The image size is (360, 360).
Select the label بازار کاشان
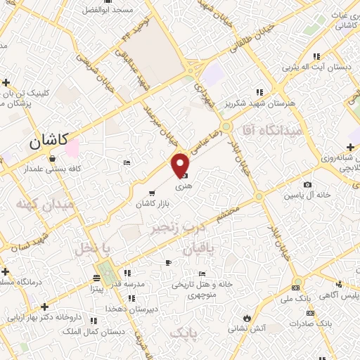[x=154, y=203]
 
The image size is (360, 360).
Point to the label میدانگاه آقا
[x=270, y=130]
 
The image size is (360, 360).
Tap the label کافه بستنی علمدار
[x=51, y=169]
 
